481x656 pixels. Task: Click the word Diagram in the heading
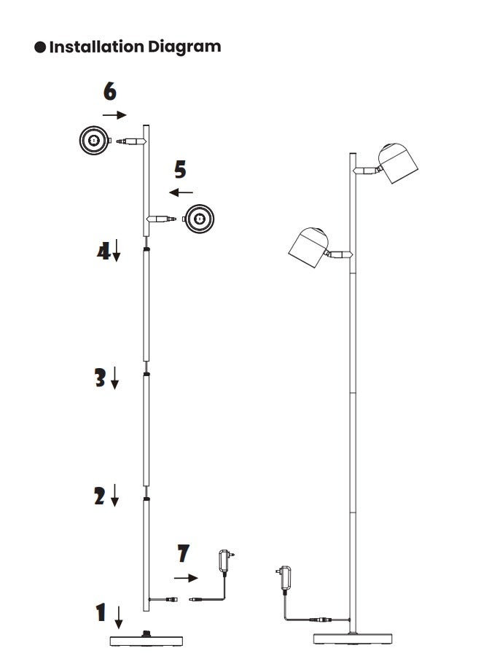click(x=184, y=47)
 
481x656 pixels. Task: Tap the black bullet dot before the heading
click(x=40, y=47)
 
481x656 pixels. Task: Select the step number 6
click(x=110, y=91)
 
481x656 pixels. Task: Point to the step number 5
click(x=180, y=169)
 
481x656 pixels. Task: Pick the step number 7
click(x=184, y=553)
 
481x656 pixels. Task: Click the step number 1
click(x=101, y=612)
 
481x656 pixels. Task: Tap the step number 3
click(x=101, y=378)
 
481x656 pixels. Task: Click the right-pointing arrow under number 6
click(x=114, y=115)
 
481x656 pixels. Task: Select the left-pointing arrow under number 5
click(x=181, y=192)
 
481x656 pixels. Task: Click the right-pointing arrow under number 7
click(x=186, y=578)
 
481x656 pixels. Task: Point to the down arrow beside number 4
click(x=117, y=250)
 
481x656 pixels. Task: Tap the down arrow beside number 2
click(x=114, y=496)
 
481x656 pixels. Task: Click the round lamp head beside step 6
click(x=95, y=140)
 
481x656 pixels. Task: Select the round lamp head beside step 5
click(x=199, y=219)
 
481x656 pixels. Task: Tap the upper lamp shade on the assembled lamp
click(x=398, y=163)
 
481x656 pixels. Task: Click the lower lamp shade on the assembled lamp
click(x=309, y=247)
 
